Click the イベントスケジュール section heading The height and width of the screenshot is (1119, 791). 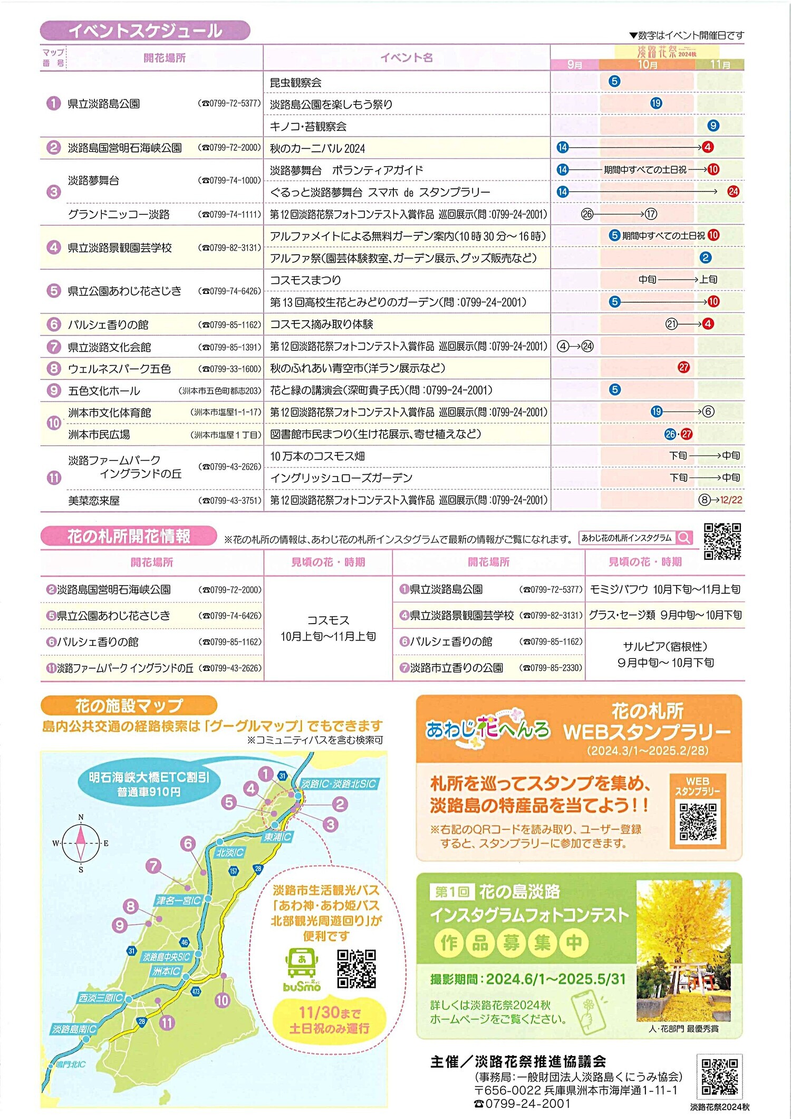[145, 31]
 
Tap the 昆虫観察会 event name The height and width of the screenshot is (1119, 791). [295, 82]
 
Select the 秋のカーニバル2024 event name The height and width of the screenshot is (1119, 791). [317, 148]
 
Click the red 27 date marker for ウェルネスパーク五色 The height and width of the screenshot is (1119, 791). [683, 367]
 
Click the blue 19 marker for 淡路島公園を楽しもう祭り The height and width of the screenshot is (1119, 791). [656, 103]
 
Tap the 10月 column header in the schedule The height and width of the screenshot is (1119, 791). [647, 64]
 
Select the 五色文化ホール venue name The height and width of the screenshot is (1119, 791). [104, 391]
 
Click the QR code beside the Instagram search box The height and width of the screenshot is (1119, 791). [722, 541]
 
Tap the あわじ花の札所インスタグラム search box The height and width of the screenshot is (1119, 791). [635, 538]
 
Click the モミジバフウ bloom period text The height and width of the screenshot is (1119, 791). [664, 589]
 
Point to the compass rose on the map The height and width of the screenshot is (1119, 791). [81, 843]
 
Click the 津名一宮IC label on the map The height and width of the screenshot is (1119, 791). [178, 900]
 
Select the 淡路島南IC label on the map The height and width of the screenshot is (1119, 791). [74, 1029]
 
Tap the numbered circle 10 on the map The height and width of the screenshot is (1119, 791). [223, 1000]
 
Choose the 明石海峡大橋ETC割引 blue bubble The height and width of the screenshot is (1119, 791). [149, 784]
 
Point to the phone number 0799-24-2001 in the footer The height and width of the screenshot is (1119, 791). [522, 1103]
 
